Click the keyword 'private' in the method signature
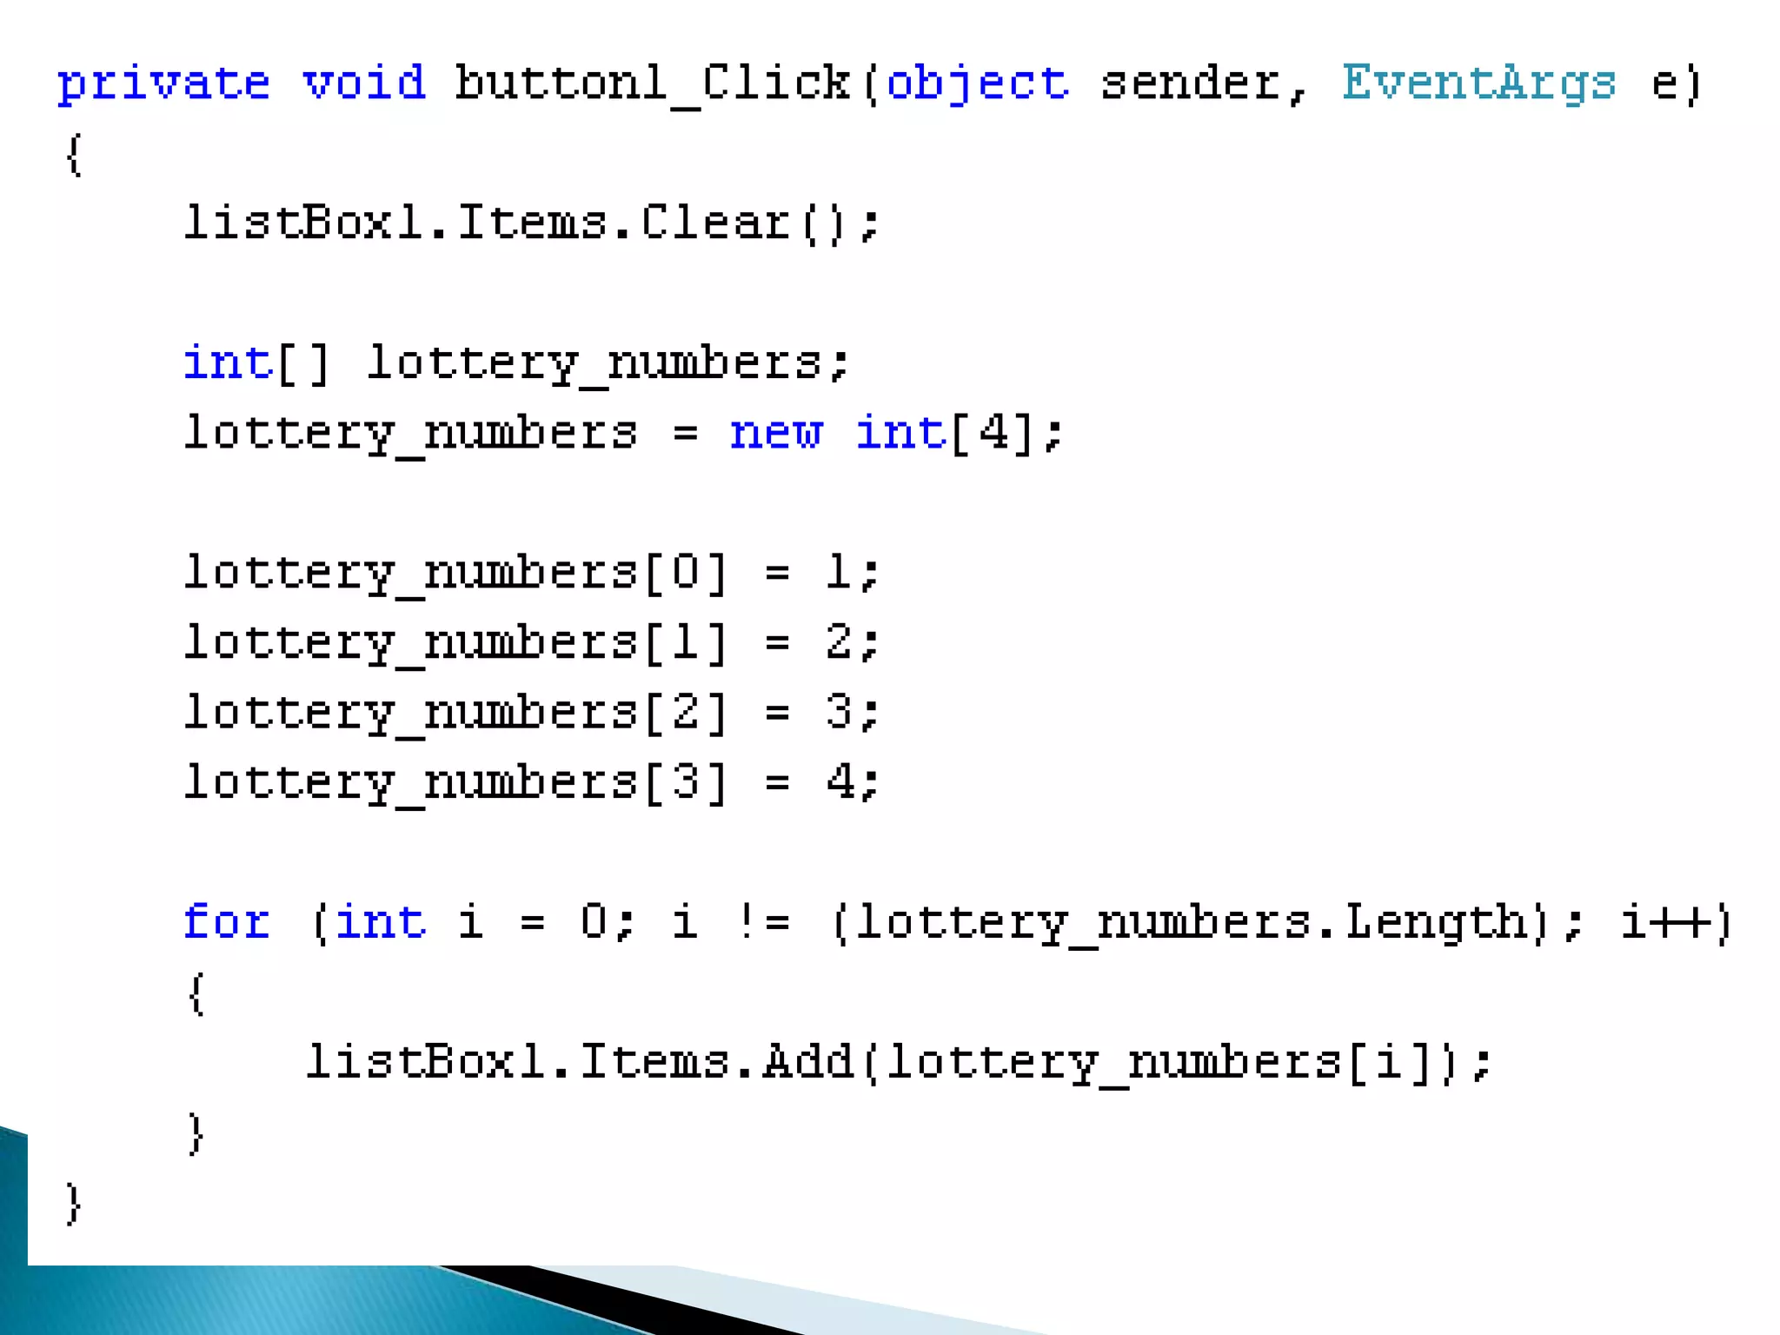[x=163, y=84]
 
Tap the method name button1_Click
[x=652, y=83]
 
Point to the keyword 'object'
[x=978, y=84]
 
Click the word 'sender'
[x=1190, y=83]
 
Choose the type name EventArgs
[x=1478, y=84]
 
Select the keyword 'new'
[x=775, y=433]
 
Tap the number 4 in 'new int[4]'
[x=993, y=432]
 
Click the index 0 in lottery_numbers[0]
[x=685, y=572]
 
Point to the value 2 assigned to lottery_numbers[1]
[x=839, y=642]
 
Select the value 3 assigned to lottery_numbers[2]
[x=839, y=712]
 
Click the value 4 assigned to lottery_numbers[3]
[x=840, y=781]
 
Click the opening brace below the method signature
[x=75, y=155]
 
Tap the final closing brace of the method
[x=75, y=1204]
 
